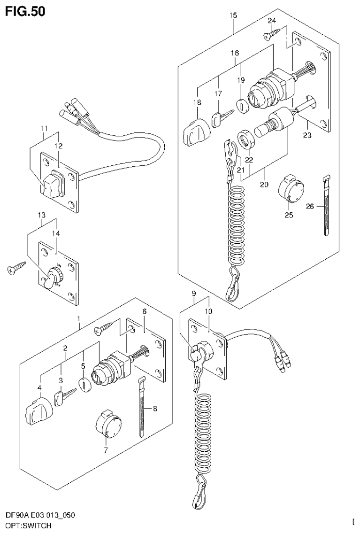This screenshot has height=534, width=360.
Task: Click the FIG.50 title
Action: pyautogui.click(x=26, y=11)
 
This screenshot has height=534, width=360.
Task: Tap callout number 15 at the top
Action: pyautogui.click(x=233, y=16)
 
